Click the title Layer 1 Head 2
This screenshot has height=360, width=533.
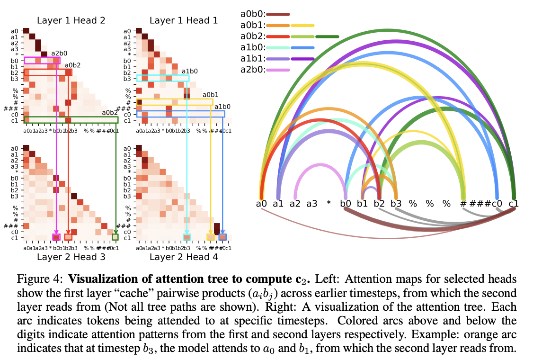pyautogui.click(x=71, y=20)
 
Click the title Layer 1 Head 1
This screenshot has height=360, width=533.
pyautogui.click(x=184, y=20)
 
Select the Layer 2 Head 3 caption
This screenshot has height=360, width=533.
pyautogui.click(x=71, y=257)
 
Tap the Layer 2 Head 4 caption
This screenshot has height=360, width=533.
pyautogui.click(x=184, y=257)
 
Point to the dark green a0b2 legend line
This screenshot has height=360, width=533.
pyautogui.click(x=327, y=36)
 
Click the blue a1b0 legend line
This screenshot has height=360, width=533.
pyautogui.click(x=302, y=48)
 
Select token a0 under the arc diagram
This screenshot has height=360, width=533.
pyautogui.click(x=261, y=204)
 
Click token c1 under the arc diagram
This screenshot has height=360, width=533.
pyautogui.click(x=514, y=204)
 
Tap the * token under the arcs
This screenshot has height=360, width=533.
pyautogui.click(x=329, y=204)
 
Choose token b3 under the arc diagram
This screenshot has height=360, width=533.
pyautogui.click(x=396, y=204)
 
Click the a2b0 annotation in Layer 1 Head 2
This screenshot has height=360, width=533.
pyautogui.click(x=60, y=53)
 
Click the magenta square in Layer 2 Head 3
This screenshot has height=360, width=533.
pyautogui.click(x=56, y=237)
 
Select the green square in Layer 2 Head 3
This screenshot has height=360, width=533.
pyautogui.click(x=115, y=237)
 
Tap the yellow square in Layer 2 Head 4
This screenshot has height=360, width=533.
pyautogui.click(x=211, y=237)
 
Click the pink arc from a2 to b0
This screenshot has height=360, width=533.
pyautogui.click(x=320, y=165)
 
